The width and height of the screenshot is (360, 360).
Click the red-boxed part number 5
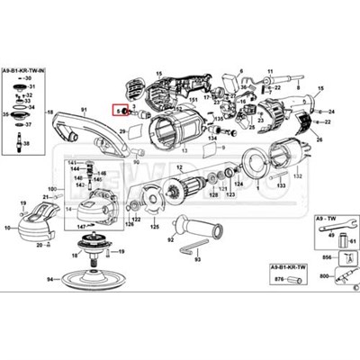pos(119,110)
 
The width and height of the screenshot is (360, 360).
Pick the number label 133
pos(282,185)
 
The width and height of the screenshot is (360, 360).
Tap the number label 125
pos(155,241)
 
